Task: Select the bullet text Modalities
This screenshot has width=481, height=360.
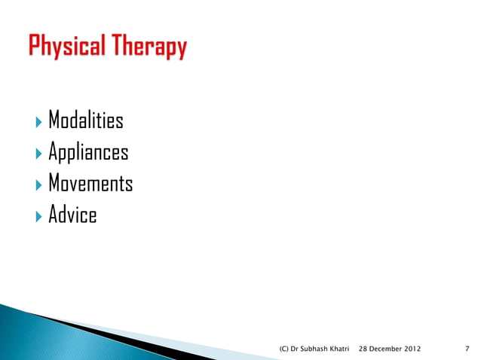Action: coord(86,121)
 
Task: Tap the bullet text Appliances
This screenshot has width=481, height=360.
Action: coord(88,153)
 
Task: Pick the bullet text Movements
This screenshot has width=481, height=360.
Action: coord(90,184)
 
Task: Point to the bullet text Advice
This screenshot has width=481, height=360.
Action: coord(72,215)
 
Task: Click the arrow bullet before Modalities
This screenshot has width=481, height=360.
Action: coord(39,121)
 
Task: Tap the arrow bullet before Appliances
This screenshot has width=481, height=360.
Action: coord(39,153)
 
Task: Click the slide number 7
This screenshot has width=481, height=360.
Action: coord(468,349)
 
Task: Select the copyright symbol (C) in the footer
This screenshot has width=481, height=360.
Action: coord(285,349)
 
